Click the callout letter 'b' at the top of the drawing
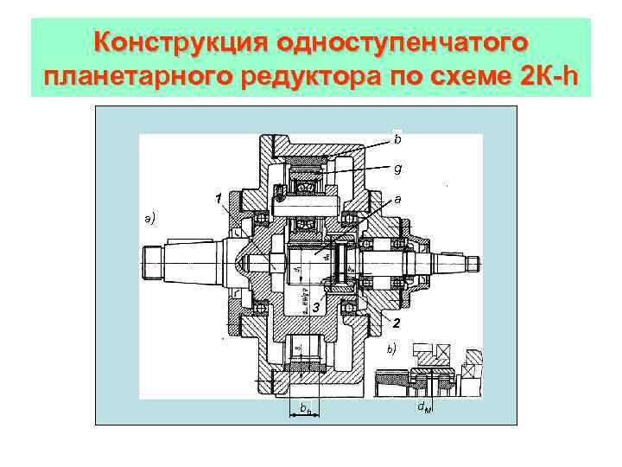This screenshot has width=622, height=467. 397,138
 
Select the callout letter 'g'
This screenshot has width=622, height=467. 397,169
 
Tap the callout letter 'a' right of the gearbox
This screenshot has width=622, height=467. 397,198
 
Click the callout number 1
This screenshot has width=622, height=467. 220,200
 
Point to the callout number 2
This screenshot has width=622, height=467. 395,324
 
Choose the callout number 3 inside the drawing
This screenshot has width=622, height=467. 316,307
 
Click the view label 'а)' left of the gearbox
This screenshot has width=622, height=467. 150,218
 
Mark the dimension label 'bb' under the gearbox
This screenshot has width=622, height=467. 303,406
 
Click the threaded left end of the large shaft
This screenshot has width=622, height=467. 152,259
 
